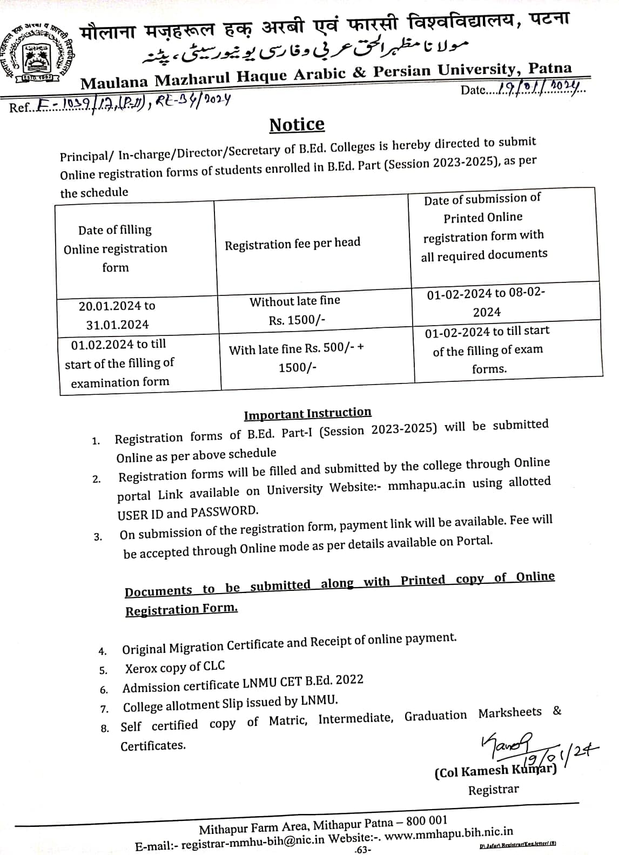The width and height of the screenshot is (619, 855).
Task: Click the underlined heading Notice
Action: [x=297, y=125]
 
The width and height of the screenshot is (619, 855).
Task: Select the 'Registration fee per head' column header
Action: [x=292, y=244]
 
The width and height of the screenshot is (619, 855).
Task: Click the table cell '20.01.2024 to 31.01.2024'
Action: [x=117, y=315]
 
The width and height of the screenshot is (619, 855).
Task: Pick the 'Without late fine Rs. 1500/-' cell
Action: [x=295, y=311]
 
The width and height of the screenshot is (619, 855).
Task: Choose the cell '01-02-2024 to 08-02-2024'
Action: [x=486, y=302]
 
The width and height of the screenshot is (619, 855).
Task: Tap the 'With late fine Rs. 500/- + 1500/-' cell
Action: [x=297, y=358]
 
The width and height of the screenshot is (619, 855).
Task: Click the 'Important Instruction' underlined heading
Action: [x=307, y=414]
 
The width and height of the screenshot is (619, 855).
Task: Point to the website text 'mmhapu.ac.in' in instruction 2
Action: [x=427, y=484]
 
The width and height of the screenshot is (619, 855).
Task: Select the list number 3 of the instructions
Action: [x=98, y=537]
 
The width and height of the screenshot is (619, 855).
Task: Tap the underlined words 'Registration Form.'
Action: [x=181, y=609]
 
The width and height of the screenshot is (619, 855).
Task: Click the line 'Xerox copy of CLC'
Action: [x=175, y=667]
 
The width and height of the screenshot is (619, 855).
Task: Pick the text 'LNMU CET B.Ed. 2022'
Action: [x=302, y=682]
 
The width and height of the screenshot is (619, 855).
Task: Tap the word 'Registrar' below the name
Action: [x=493, y=790]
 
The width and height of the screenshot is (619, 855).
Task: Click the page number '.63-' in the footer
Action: [x=362, y=850]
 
